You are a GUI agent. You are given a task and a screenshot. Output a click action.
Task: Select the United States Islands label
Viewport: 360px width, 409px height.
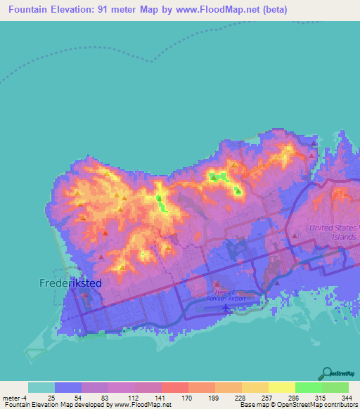point(333,232)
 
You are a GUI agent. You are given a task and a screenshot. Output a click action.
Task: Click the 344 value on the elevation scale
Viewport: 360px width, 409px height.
point(349,398)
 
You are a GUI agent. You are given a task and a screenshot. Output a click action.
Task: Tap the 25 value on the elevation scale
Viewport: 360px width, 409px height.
point(51,398)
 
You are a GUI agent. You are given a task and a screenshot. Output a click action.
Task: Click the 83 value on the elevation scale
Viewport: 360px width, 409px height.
point(105,398)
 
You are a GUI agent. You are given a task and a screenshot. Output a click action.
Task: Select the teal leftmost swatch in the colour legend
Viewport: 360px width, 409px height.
point(41,387)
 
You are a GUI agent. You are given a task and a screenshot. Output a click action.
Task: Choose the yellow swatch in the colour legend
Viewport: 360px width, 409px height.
point(281,387)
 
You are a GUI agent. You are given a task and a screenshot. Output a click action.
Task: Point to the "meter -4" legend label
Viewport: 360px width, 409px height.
point(15,398)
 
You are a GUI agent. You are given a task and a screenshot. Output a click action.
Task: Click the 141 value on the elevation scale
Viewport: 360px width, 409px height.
point(160,398)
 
